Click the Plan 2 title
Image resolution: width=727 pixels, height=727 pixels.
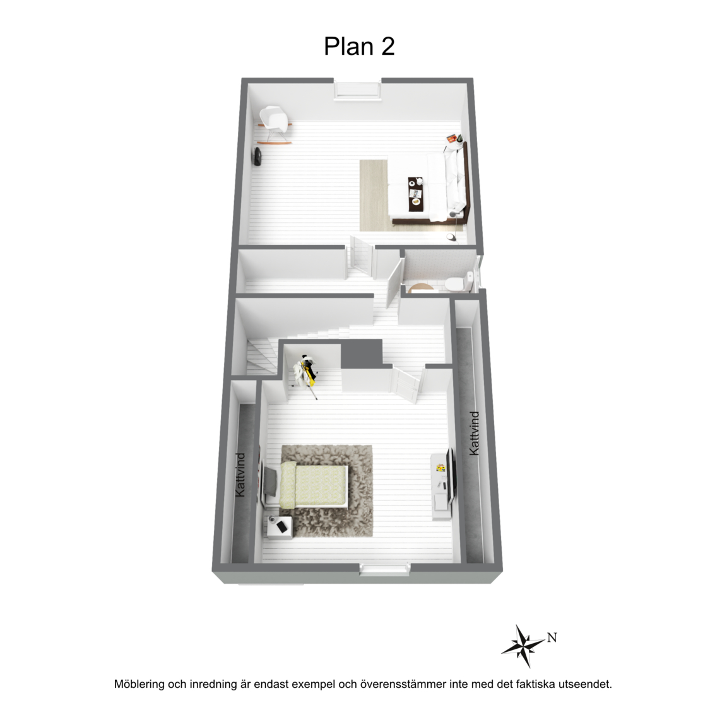coord(359,47)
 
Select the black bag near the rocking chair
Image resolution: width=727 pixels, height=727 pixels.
coord(257,156)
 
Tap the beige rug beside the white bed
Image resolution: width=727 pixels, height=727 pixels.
coord(373,195)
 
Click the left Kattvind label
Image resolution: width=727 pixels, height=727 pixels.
coord(240,475)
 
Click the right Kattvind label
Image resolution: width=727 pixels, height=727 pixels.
coord(474,433)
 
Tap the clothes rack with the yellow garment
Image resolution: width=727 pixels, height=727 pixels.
coord(306,373)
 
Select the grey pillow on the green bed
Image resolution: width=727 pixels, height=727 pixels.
coord(270,480)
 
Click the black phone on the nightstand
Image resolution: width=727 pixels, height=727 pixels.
coord(282,526)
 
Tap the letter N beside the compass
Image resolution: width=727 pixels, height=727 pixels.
coord(552,638)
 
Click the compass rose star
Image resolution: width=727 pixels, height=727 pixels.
coord(524,646)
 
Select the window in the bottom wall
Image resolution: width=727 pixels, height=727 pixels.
coord(385,569)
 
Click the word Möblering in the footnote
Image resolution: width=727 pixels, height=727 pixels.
coord(139,684)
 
